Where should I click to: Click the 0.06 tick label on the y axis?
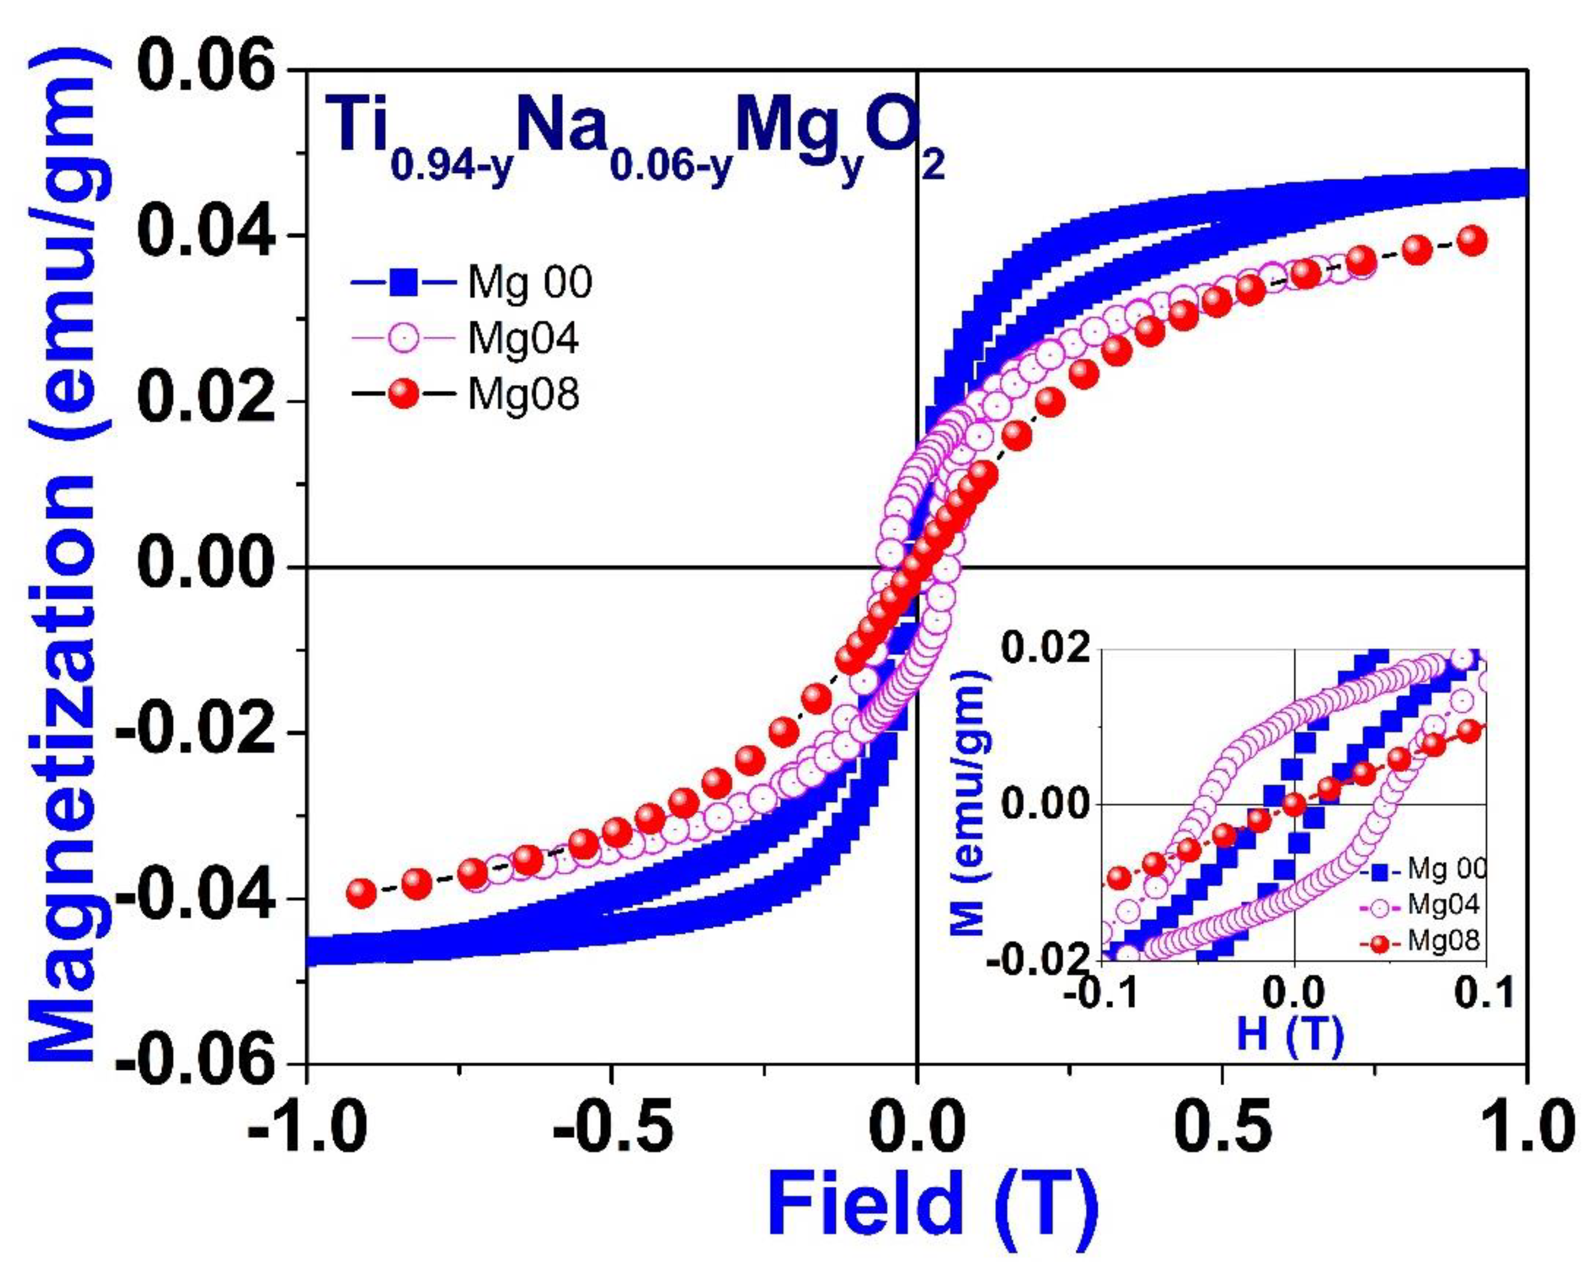coord(206,70)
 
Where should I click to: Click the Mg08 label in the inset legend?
coord(1443,941)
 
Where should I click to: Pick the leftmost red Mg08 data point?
coord(361,893)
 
